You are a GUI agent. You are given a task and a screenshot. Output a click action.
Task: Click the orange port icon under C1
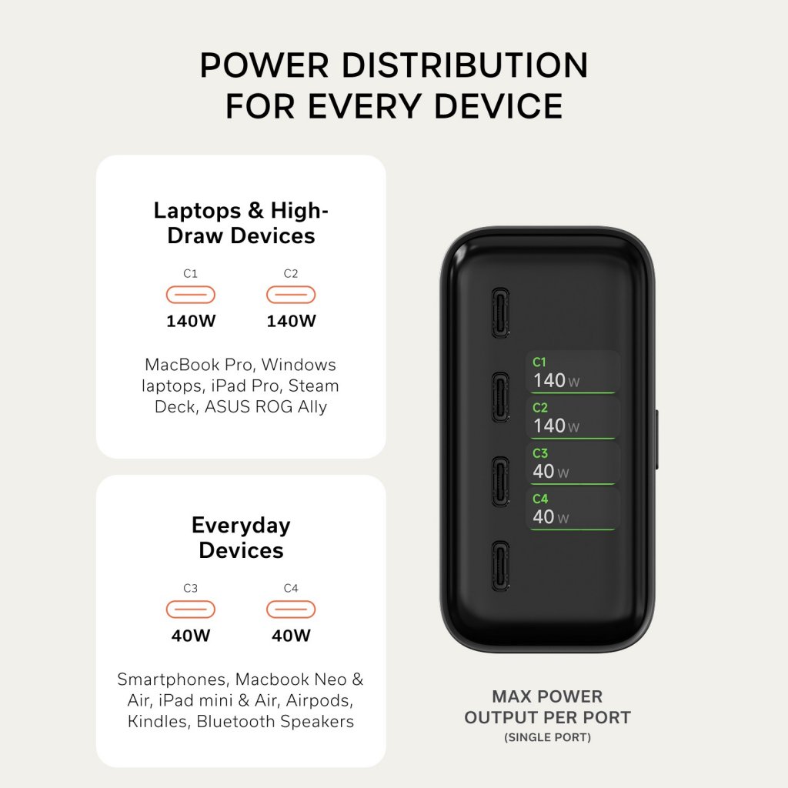click(191, 295)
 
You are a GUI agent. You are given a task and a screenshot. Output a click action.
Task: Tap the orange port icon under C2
click(291, 295)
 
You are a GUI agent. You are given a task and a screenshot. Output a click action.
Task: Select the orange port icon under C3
click(191, 609)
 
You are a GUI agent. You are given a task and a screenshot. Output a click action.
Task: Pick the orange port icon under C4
click(291, 609)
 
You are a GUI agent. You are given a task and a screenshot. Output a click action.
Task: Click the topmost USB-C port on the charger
click(500, 312)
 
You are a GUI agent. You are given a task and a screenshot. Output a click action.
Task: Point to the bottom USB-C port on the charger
click(500, 566)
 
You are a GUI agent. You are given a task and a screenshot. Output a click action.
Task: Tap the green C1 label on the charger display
click(539, 362)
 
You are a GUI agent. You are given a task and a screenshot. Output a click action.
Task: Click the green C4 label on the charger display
click(540, 499)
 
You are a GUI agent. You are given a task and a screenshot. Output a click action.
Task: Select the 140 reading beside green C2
click(549, 426)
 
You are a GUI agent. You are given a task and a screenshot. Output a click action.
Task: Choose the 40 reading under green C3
click(544, 472)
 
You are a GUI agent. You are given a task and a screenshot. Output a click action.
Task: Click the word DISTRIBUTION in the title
click(464, 65)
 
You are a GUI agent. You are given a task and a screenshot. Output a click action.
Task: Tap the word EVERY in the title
click(364, 106)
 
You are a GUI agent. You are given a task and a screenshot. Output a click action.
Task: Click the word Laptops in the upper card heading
click(197, 211)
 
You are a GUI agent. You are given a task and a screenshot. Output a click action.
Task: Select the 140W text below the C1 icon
click(191, 321)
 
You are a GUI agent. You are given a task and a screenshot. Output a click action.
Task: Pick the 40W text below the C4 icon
click(292, 636)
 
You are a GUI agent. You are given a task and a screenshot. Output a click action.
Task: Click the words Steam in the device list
click(314, 386)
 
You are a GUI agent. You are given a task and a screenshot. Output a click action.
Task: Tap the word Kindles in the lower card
click(159, 721)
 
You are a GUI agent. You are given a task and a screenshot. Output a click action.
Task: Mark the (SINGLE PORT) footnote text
click(548, 737)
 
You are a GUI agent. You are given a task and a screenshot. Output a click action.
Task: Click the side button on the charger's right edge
click(656, 439)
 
